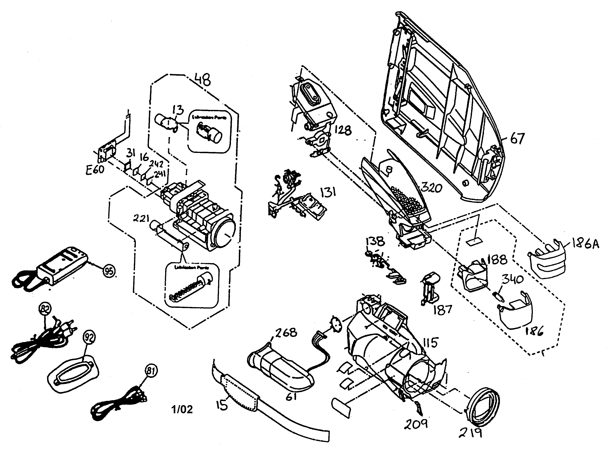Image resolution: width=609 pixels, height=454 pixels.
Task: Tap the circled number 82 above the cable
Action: (45, 309)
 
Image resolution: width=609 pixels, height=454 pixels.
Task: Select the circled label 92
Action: (89, 337)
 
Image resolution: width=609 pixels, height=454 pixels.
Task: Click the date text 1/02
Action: (182, 409)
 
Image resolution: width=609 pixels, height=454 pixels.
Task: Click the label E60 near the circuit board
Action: (95, 170)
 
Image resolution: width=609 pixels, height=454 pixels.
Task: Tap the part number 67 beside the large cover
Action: (518, 138)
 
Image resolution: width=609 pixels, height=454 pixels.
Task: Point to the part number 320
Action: (431, 188)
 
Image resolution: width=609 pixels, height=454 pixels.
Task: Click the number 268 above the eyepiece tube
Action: (286, 333)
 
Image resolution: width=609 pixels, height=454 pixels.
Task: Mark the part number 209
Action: (416, 424)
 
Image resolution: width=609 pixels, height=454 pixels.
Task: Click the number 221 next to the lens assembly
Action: (141, 218)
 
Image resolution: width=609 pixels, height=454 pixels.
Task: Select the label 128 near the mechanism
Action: (343, 130)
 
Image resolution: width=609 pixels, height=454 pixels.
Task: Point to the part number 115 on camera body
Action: (430, 343)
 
